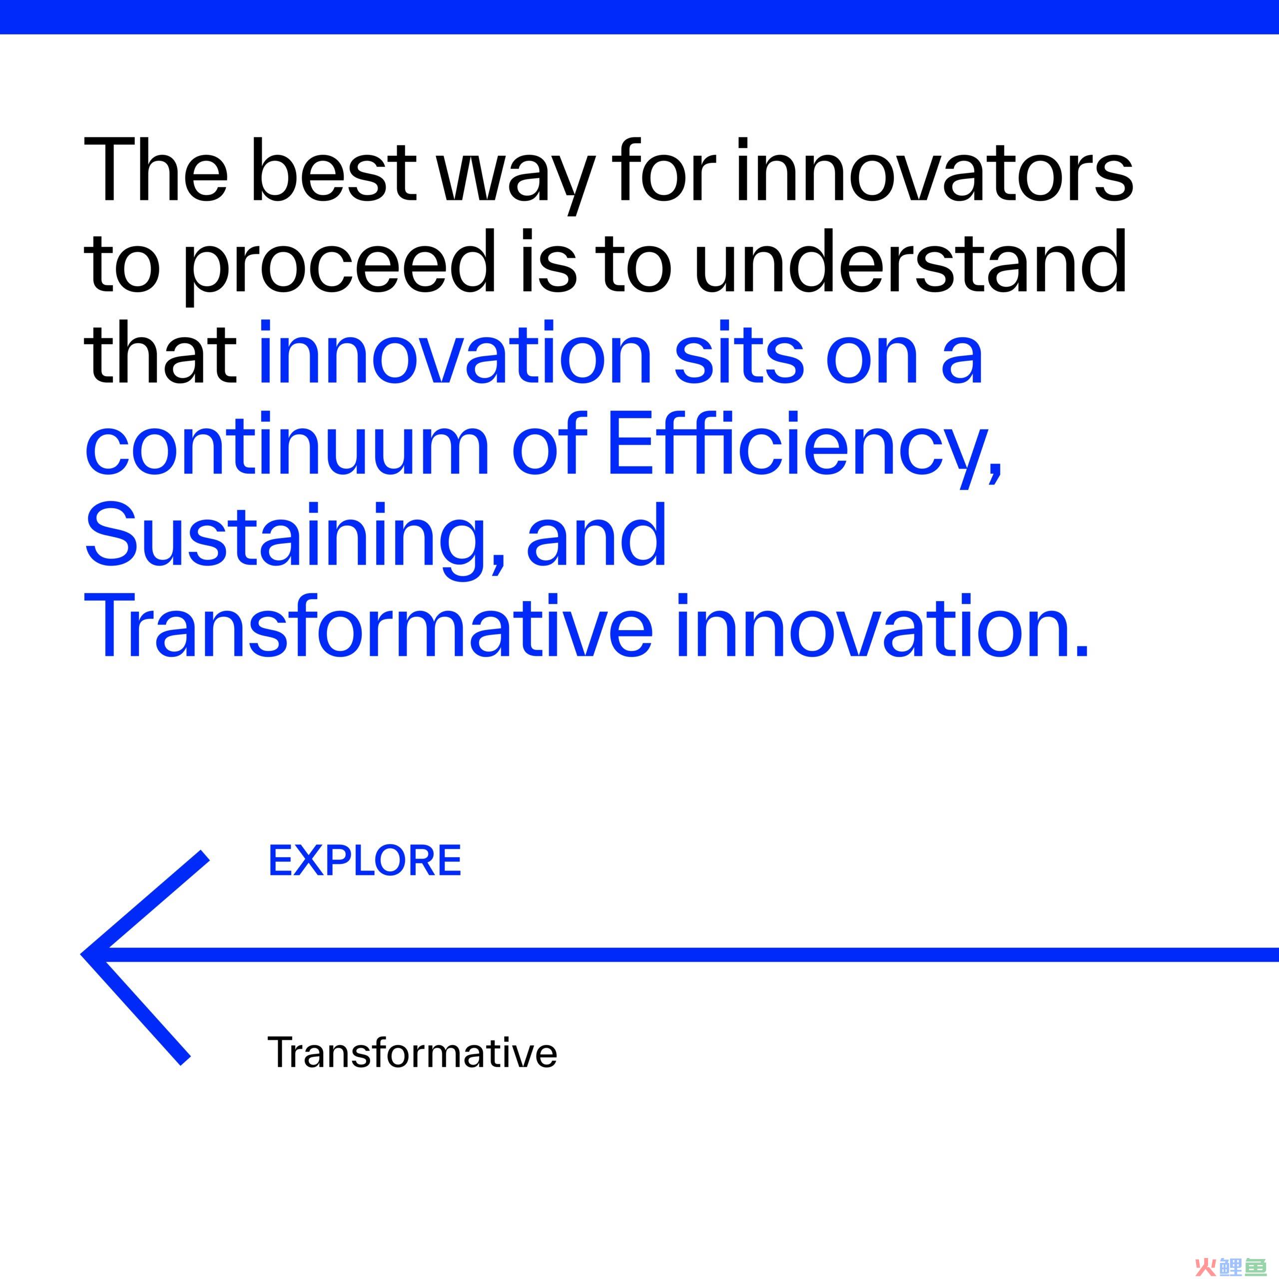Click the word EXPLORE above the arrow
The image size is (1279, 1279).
pos(365,861)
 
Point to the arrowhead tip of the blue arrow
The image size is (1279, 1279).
pos(82,955)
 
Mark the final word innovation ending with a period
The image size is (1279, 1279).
pos(880,625)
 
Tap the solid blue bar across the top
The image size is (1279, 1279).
pos(639,17)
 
